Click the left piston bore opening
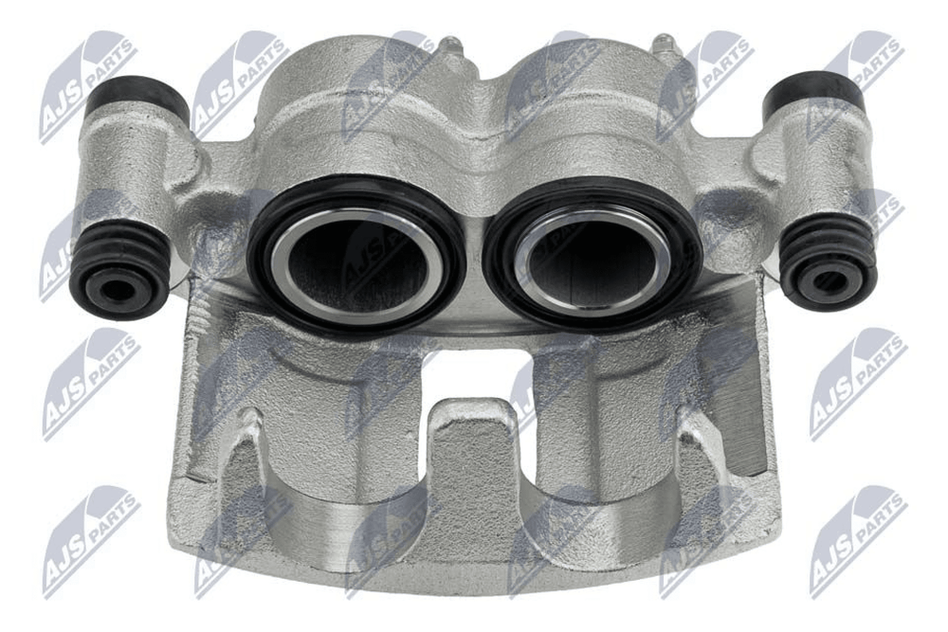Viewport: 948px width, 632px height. (x=355, y=262)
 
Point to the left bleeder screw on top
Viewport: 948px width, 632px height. (x=450, y=47)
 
